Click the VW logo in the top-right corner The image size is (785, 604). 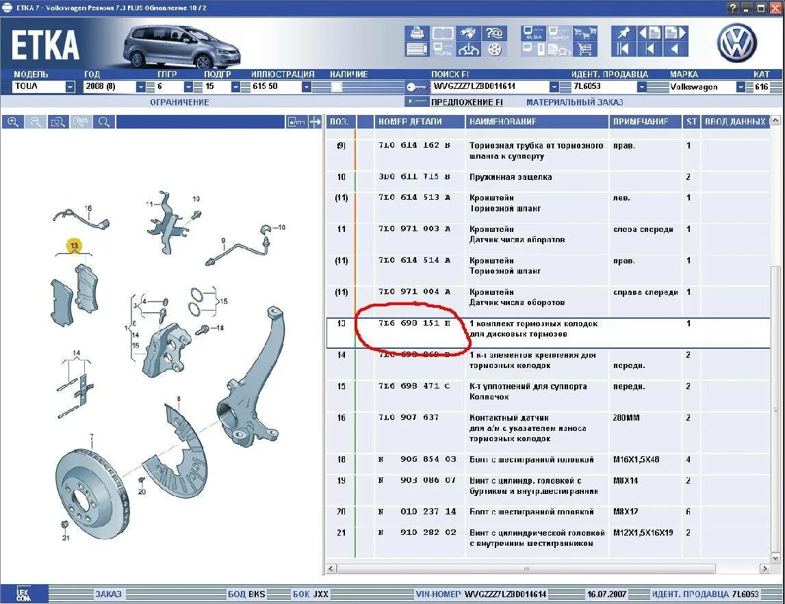[736, 43]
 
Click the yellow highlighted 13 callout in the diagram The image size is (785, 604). [73, 245]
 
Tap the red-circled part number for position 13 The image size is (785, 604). [414, 324]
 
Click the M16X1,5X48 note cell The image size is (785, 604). [637, 460]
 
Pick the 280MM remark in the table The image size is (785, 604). [626, 417]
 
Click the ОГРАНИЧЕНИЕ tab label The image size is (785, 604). [179, 102]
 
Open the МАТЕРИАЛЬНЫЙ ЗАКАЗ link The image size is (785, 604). [574, 102]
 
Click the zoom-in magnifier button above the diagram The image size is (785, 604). [12, 122]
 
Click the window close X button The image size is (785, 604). [776, 8]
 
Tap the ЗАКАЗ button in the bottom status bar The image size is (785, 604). [108, 594]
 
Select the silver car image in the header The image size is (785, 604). [170, 45]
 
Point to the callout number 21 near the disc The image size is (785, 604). [66, 538]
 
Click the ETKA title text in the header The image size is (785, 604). [45, 45]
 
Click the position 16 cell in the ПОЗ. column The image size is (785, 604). [341, 417]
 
